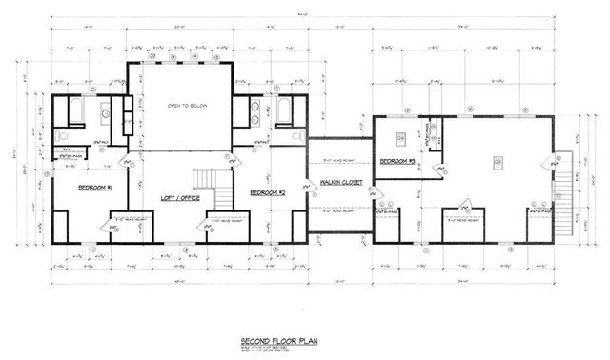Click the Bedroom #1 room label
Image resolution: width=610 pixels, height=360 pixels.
pos(95,188)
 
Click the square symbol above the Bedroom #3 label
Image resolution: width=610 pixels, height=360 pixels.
pos(401,137)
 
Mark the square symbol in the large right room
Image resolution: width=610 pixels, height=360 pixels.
pos(497,162)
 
